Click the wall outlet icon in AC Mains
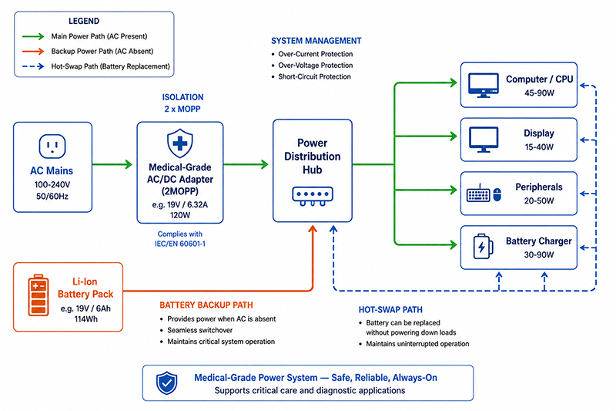pyautogui.click(x=52, y=147)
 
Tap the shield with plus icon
pyautogui.click(x=180, y=143)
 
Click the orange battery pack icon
pyautogui.click(x=38, y=295)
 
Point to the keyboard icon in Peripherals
pyautogui.click(x=478, y=194)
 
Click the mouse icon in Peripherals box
pyautogui.click(x=497, y=194)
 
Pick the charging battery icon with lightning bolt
pyautogui.click(x=483, y=247)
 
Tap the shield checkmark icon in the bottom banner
pyautogui.click(x=167, y=383)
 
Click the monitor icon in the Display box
pyautogui.click(x=484, y=140)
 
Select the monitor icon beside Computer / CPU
pyautogui.click(x=484, y=86)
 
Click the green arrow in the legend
pyautogui.click(x=33, y=36)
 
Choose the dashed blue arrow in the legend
pyautogui.click(x=33, y=66)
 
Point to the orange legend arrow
pyautogui.click(x=33, y=51)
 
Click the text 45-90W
pyautogui.click(x=539, y=93)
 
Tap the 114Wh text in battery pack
pyautogui.click(x=86, y=319)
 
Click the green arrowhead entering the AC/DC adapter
pyautogui.click(x=129, y=164)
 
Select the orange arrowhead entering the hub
pyautogui.click(x=313, y=229)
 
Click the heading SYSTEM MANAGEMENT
pyautogui.click(x=316, y=41)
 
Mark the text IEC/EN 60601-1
pyautogui.click(x=180, y=244)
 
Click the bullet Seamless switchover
pyautogui.click(x=200, y=330)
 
